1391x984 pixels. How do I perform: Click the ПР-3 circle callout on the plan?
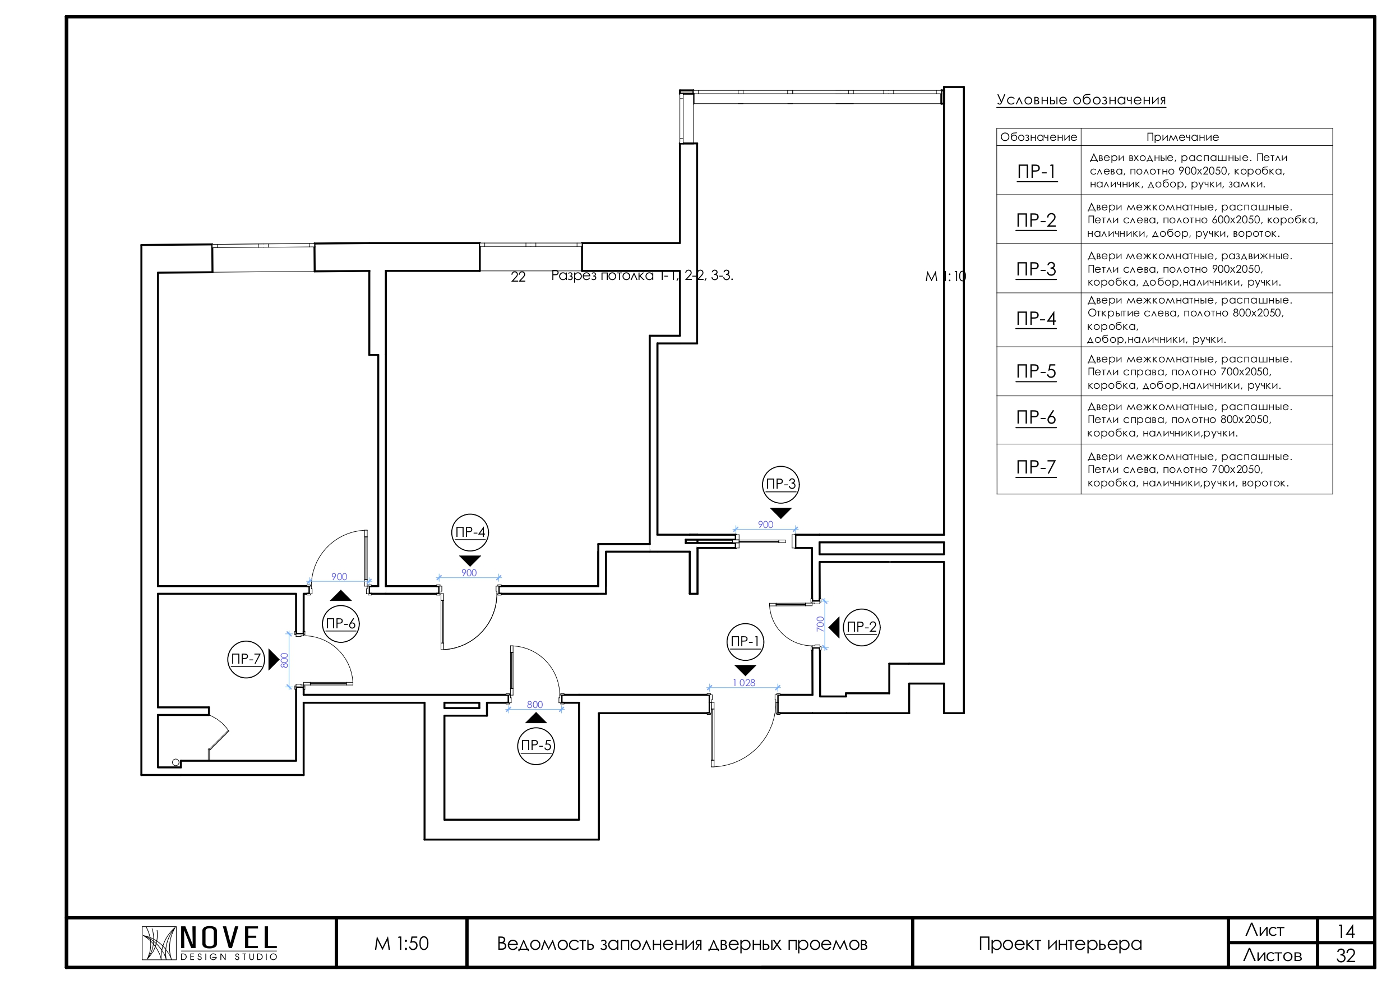click(780, 484)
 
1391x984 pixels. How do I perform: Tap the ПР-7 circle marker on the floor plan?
click(246, 659)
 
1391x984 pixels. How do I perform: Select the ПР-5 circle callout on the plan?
click(536, 746)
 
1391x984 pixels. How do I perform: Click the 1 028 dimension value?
click(744, 683)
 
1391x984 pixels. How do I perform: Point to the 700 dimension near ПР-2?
click(820, 624)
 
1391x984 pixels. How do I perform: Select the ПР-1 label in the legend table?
click(1037, 172)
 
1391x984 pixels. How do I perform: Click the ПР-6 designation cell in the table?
click(1036, 418)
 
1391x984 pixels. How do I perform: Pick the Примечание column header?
click(1182, 137)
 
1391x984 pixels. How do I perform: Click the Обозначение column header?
click(1038, 137)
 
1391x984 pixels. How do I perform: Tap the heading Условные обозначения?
click(1081, 100)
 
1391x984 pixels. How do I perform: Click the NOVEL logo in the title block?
click(210, 943)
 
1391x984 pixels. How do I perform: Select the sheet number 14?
click(1346, 931)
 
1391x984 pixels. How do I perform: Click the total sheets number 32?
click(1346, 955)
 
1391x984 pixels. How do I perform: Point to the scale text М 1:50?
click(401, 944)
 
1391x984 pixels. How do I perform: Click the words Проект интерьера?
click(1060, 944)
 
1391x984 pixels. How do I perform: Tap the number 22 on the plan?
click(518, 277)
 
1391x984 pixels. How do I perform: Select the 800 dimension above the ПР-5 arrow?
click(534, 705)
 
